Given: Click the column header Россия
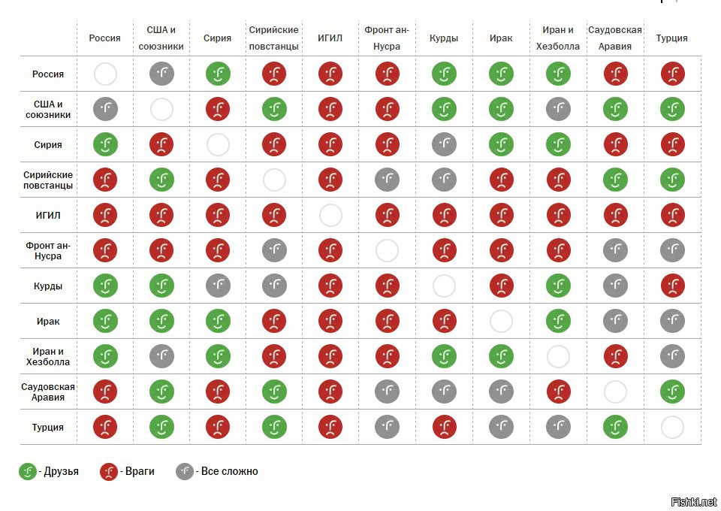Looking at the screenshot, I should click(x=104, y=38).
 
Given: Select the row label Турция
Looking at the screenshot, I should click(x=48, y=428).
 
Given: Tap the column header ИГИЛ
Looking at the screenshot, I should click(x=330, y=38).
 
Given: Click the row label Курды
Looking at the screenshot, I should click(x=48, y=286).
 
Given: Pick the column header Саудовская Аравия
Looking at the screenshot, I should click(x=614, y=38).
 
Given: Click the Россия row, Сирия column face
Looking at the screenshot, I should click(x=217, y=74).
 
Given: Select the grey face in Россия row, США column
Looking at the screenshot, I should click(x=161, y=74).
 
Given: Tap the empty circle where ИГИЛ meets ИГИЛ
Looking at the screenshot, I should click(x=330, y=216).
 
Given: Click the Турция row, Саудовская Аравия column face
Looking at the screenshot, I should click(x=615, y=428).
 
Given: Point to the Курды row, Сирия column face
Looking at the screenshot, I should click(x=217, y=286).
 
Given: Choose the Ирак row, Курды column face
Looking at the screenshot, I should click(x=444, y=322).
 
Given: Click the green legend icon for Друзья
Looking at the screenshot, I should click(x=29, y=472).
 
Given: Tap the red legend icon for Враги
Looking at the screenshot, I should click(x=109, y=472).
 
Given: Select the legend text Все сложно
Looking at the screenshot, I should click(x=228, y=472).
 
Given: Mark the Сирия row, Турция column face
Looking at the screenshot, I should click(x=671, y=145).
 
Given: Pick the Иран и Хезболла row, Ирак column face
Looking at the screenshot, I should click(x=501, y=357).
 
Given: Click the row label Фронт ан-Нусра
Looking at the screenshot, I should click(x=48, y=251).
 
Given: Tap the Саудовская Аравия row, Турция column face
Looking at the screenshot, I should click(x=671, y=392).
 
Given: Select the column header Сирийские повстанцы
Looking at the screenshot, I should click(x=274, y=38).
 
